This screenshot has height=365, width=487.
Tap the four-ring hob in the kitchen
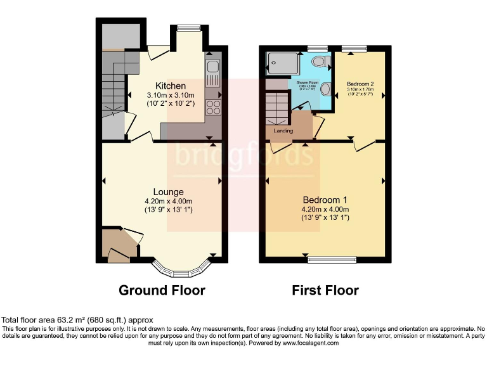(x=213, y=106)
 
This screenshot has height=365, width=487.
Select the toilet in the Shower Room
(x=321, y=61)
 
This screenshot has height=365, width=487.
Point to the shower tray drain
(x=273, y=63)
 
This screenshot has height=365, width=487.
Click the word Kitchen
(x=171, y=86)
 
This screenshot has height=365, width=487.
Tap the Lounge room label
(x=168, y=192)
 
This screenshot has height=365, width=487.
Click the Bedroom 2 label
(x=360, y=84)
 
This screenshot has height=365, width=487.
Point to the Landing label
(x=283, y=131)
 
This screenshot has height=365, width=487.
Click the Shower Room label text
(x=306, y=82)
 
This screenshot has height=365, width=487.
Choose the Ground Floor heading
(x=162, y=291)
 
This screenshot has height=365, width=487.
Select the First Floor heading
(x=325, y=291)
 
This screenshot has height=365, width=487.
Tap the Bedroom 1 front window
(x=332, y=259)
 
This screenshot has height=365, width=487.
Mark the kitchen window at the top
(x=188, y=27)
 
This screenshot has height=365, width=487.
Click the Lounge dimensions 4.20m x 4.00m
(x=168, y=201)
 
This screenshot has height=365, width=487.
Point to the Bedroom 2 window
(x=349, y=48)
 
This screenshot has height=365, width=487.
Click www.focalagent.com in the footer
(x=311, y=343)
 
